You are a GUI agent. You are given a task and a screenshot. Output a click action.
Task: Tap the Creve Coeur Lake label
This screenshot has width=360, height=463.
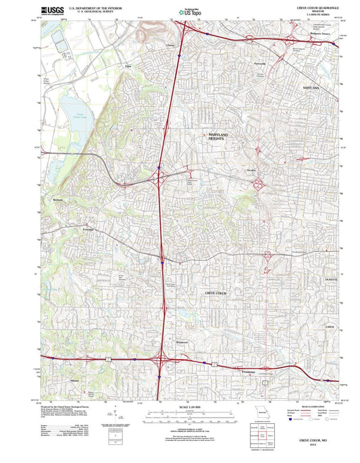pyautogui.click(x=79, y=116)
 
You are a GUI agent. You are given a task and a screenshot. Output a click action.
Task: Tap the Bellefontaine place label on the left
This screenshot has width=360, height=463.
pyautogui.click(x=57, y=200)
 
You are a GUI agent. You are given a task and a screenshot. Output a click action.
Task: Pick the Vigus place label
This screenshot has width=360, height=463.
pyautogui.click(x=127, y=66)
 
